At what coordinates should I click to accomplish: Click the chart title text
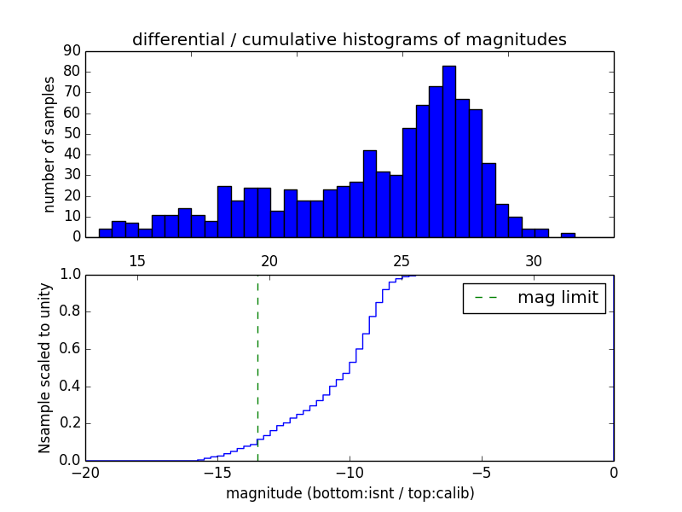click(349, 39)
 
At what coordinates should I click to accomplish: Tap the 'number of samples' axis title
click(49, 144)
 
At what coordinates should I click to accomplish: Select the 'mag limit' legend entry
click(534, 298)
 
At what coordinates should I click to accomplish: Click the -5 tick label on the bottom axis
click(482, 472)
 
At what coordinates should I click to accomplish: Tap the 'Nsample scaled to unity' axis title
click(46, 368)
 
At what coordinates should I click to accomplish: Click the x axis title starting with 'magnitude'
click(350, 493)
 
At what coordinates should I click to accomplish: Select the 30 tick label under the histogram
click(534, 261)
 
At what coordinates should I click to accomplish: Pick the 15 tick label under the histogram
click(137, 261)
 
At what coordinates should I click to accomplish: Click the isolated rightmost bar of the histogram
click(568, 235)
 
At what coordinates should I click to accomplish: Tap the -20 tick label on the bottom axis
click(86, 472)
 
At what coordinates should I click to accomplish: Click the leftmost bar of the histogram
click(105, 233)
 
